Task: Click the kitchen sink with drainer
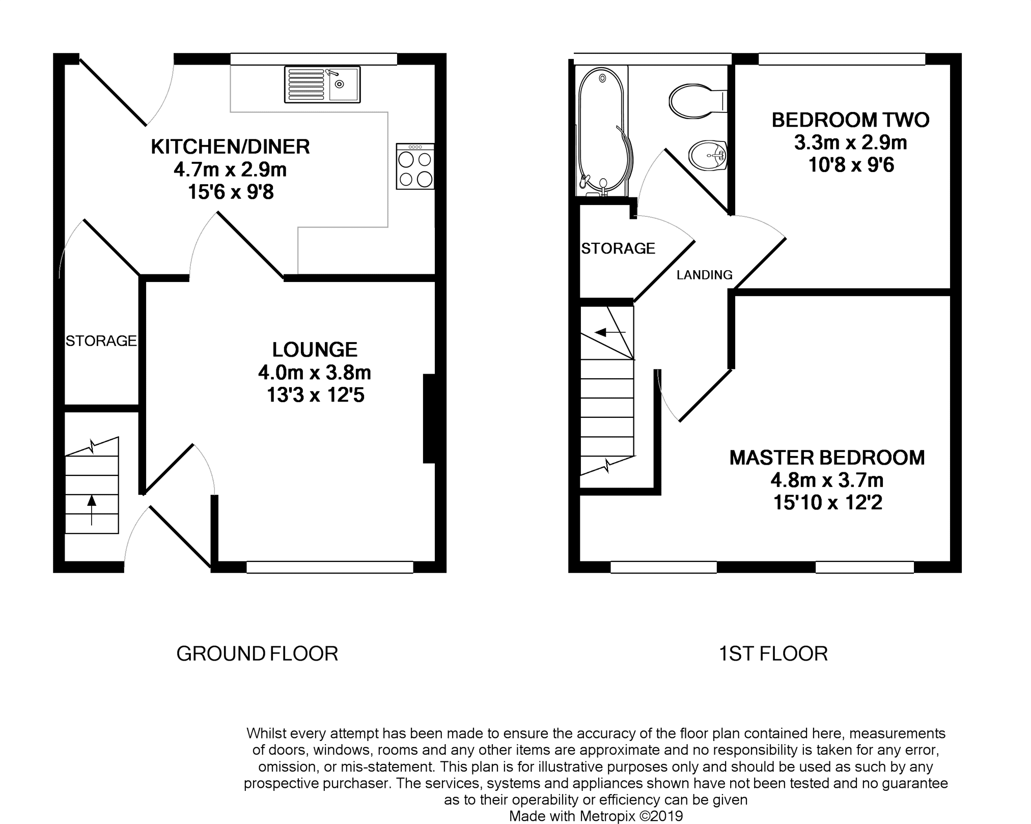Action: (322, 84)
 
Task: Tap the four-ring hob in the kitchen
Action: (415, 166)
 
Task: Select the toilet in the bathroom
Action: (698, 101)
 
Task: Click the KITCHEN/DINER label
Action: (231, 147)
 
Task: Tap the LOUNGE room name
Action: (315, 350)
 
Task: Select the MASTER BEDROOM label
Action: (827, 458)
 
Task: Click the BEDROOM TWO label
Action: (851, 120)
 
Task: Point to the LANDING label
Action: (705, 275)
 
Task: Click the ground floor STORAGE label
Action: (101, 340)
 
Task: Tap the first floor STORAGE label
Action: (618, 248)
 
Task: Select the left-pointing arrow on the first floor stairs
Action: (610, 333)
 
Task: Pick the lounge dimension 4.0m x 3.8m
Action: (315, 373)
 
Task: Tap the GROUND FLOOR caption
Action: (257, 653)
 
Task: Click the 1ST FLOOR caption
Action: (773, 653)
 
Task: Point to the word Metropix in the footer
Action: (606, 816)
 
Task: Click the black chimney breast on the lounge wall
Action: (429, 418)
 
